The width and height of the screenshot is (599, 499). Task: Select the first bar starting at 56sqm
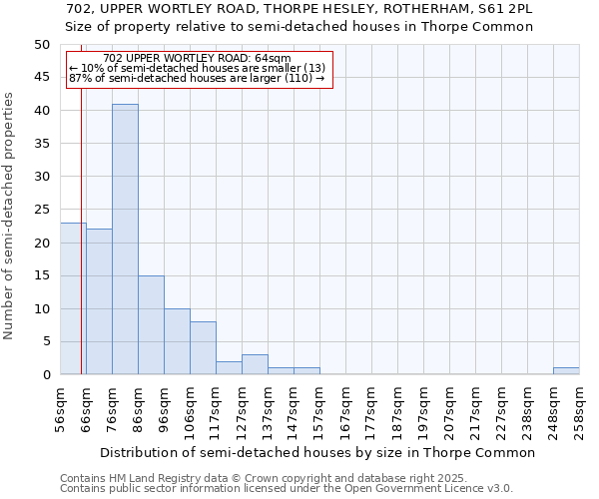73,299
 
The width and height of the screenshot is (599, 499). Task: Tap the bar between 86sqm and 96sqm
151,325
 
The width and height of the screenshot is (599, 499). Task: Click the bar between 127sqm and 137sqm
255,364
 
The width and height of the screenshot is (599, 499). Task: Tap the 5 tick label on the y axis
46,342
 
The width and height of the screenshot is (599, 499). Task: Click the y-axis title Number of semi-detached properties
10,216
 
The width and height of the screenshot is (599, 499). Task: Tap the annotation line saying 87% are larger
197,78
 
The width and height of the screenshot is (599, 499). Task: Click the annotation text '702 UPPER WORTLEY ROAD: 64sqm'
197,58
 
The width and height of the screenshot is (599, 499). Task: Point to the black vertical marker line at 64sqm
81,249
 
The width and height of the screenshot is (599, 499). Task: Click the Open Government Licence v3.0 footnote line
287,488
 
